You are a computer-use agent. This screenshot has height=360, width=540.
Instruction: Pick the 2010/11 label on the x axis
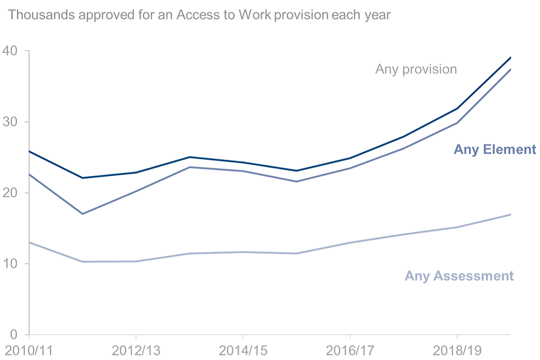coord(28,350)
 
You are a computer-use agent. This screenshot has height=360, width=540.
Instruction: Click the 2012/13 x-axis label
coord(136,350)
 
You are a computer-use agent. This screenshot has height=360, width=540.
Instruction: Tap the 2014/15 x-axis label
coord(242,350)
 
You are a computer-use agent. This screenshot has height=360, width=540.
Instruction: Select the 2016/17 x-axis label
coord(350,350)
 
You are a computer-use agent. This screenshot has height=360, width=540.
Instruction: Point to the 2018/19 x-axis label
coord(457,350)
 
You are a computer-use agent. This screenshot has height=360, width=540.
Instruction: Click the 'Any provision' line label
coord(416,69)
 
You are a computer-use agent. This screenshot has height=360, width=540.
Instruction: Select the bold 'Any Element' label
coord(494,150)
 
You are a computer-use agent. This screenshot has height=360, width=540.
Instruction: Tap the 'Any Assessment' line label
coord(459,276)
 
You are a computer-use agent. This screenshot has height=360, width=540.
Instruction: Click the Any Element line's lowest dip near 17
coord(83,214)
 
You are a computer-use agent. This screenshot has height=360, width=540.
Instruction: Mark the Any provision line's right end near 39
coord(510,57)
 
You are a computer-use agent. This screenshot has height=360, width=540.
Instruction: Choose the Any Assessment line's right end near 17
coord(510,214)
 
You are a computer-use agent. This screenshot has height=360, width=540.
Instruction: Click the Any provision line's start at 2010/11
coord(29,151)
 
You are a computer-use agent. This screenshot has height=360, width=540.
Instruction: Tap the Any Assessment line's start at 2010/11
coord(29,242)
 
